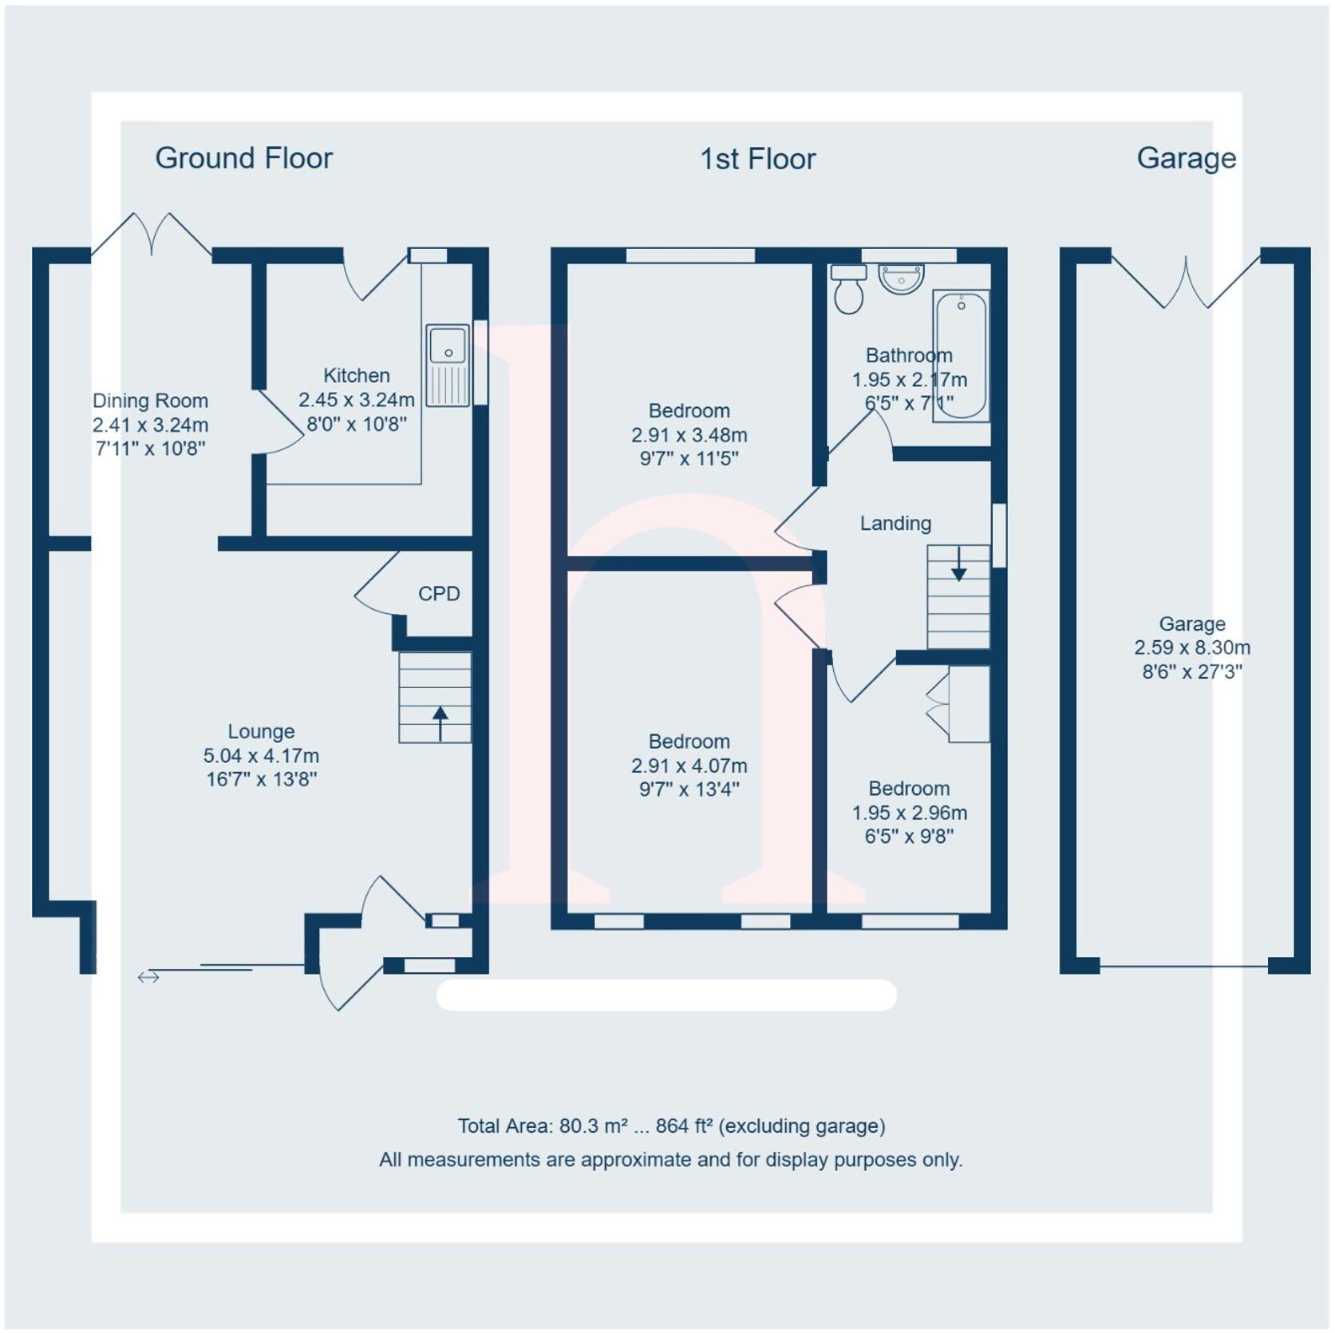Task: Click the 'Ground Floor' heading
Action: coord(243,159)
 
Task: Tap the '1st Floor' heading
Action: coord(757,160)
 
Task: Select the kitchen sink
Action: coord(448,365)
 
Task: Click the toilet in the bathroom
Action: coord(848,288)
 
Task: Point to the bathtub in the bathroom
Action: coord(961,356)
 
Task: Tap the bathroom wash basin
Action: coord(901,279)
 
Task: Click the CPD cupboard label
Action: coord(439,594)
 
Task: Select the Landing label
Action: coord(895,524)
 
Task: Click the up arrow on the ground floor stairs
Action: coord(440,723)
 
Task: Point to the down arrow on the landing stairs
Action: coord(959,564)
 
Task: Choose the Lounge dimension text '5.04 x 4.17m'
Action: coord(261,756)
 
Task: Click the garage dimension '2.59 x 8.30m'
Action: coord(1192,648)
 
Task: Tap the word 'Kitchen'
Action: coord(357,375)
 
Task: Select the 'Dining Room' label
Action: coord(150,401)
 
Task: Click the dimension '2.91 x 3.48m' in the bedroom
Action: coord(689,435)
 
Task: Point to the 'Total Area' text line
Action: coord(671,1126)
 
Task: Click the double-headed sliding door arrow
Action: coord(148,977)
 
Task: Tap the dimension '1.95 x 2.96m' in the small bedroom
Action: coord(910,813)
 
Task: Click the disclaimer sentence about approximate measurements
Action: coord(671,1160)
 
